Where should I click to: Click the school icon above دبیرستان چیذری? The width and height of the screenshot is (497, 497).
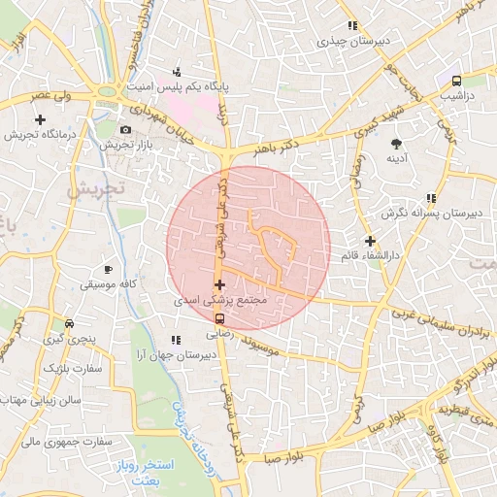[x=352, y=25]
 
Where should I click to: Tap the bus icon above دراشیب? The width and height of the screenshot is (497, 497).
[x=456, y=81]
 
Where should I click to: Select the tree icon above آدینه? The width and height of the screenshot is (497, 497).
[x=395, y=143]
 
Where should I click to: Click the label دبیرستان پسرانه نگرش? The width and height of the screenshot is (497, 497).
[x=419, y=212]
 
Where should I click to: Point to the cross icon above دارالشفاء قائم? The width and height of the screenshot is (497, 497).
[x=370, y=241]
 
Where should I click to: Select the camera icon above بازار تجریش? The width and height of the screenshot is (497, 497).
[x=125, y=129]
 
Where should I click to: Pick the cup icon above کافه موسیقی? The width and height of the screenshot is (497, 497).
[x=108, y=270]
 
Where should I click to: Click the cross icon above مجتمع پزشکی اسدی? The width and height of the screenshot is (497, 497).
[x=219, y=285]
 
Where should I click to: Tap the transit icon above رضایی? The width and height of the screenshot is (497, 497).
[x=219, y=317]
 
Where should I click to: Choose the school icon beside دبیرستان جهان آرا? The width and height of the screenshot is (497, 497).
[x=175, y=340]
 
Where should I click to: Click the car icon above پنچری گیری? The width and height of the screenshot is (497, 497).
[x=68, y=323]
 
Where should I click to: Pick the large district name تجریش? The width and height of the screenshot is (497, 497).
[x=91, y=188]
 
